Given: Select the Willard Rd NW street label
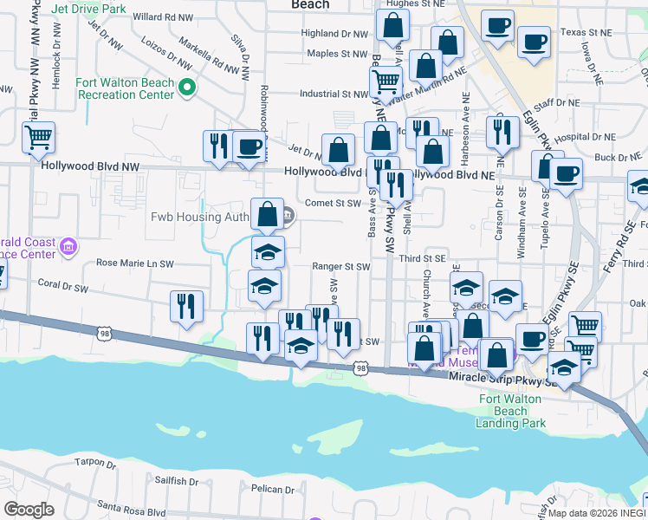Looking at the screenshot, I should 163,16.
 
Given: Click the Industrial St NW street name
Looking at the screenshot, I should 334,94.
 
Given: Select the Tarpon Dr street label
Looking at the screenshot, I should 95,463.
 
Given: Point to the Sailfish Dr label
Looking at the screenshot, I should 177,480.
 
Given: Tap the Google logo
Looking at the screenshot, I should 29,510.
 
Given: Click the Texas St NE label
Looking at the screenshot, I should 580,32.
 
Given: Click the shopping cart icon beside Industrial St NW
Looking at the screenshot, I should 386,83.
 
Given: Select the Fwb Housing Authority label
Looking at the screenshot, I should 199,216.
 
